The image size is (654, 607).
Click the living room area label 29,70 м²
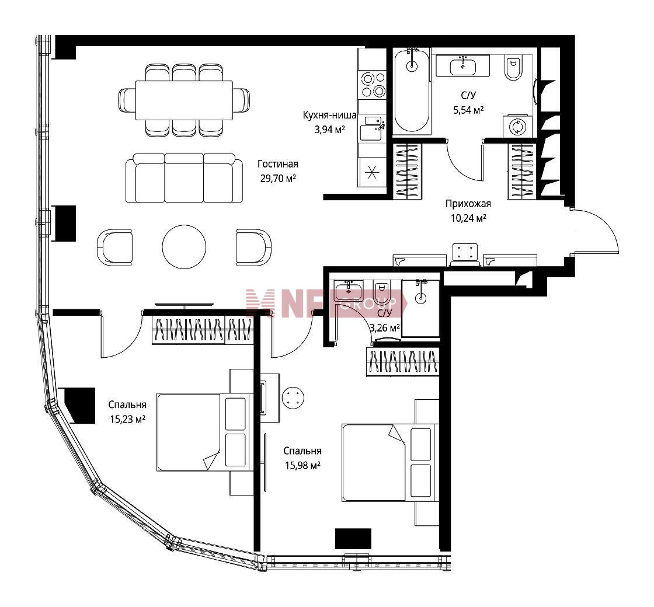(x=278, y=179)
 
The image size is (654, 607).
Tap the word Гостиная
(x=278, y=164)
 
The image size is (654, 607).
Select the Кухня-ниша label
(x=329, y=115)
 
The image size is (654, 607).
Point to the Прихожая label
(x=468, y=204)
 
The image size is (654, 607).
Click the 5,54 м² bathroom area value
(x=468, y=110)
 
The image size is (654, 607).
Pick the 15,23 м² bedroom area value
(x=127, y=419)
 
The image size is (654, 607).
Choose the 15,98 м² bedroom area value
(x=302, y=465)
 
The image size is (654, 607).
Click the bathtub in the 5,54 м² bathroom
(x=412, y=91)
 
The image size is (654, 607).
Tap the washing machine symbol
(x=517, y=126)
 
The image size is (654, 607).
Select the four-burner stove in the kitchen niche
(x=373, y=85)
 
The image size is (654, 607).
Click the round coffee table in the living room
(x=184, y=246)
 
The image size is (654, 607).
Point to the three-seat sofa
(x=184, y=178)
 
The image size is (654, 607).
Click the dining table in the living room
(x=184, y=100)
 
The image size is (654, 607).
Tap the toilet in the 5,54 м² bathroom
(x=513, y=68)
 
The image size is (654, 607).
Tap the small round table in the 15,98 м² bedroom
(x=293, y=397)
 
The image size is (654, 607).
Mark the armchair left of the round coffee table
(x=114, y=247)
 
